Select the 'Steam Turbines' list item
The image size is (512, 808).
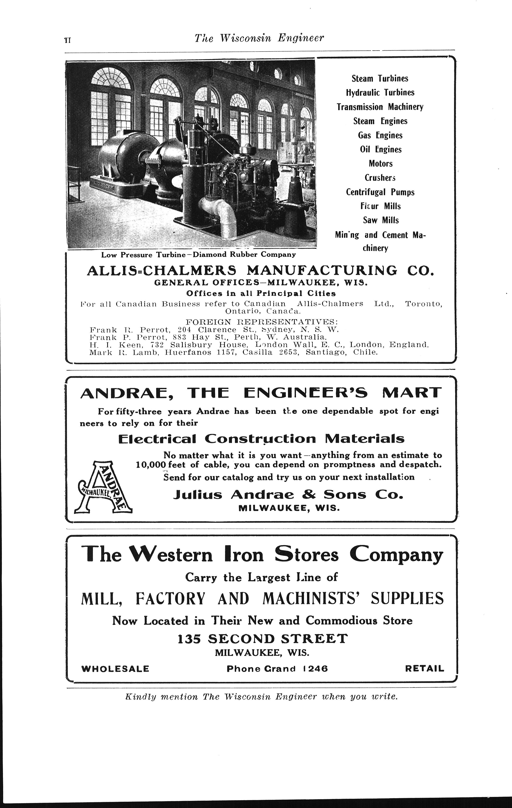380,79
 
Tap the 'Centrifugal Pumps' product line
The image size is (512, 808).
380,192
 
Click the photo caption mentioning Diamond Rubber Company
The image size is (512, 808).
198,254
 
